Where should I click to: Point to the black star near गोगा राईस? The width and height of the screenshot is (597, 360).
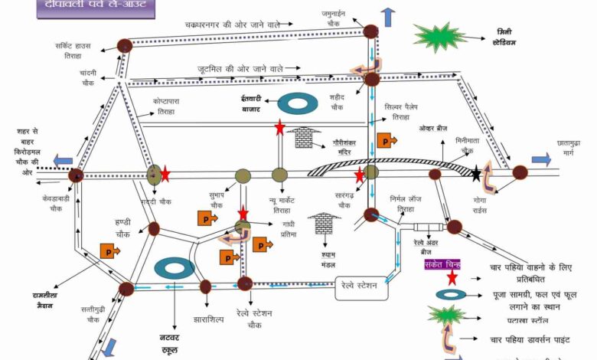[477, 174]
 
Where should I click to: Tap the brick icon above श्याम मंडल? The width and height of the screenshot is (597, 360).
[324, 224]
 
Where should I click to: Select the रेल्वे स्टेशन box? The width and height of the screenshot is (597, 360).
[357, 286]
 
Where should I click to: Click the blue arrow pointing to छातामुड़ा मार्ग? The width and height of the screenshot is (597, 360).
[541, 159]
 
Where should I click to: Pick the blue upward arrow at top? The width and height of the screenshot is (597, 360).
[388, 17]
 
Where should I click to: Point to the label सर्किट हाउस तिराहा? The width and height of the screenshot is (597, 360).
[73, 50]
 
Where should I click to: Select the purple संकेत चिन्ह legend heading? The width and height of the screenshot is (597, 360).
[442, 265]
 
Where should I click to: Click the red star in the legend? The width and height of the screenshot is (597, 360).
[452, 277]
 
